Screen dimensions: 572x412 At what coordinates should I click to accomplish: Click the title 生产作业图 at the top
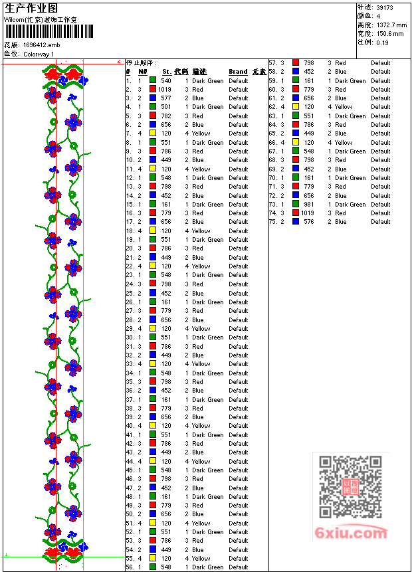pos(31,8)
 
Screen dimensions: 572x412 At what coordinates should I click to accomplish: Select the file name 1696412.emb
pos(41,45)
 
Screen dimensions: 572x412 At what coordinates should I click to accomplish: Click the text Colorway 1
pos(39,54)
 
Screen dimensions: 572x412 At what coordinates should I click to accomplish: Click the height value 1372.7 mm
pos(391,25)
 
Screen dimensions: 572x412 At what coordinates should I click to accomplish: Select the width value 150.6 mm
pos(390,33)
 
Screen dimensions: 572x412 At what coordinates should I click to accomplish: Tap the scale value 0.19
pos(383,42)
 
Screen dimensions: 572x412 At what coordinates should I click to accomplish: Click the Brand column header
pos(238,72)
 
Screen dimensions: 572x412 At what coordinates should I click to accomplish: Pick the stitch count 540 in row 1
pos(165,80)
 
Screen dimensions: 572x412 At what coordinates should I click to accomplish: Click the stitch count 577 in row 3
pos(165,98)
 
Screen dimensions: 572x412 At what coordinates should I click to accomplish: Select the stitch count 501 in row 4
pos(165,107)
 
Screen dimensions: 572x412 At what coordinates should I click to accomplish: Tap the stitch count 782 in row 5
pos(165,116)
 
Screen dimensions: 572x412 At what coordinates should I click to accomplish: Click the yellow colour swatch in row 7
pos(153,134)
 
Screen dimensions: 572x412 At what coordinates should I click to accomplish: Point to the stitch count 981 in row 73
pos(309,204)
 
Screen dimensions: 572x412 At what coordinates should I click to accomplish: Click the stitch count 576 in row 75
pos(309,222)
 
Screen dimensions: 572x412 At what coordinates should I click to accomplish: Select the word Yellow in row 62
pos(344,107)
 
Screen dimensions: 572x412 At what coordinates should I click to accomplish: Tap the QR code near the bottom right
pos(350,487)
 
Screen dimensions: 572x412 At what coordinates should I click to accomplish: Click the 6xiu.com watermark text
pos(351,533)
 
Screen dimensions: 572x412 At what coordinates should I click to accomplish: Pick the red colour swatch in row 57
pos(296,63)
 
